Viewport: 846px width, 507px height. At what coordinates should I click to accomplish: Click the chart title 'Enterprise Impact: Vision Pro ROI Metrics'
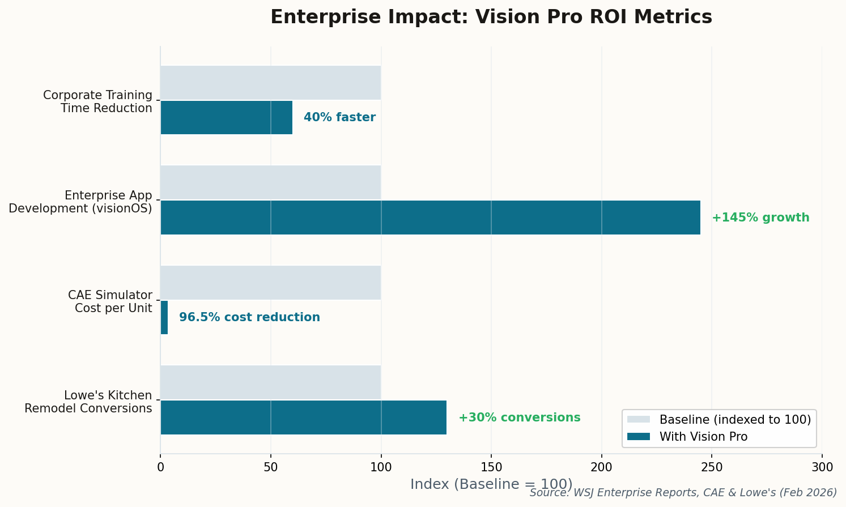(491, 17)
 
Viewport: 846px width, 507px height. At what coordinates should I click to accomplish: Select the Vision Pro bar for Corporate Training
(227, 118)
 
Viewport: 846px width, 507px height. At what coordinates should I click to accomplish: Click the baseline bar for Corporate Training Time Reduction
(270, 83)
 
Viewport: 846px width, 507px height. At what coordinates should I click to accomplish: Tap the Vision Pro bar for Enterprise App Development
(430, 218)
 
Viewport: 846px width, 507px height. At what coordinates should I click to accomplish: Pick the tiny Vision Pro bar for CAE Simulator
(164, 317)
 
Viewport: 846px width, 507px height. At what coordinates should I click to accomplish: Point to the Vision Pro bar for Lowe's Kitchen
(303, 417)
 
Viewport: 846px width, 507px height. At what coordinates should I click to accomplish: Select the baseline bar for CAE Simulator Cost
(270, 283)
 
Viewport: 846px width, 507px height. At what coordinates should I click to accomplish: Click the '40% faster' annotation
(339, 118)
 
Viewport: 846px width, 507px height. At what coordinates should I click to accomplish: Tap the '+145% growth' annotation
(760, 218)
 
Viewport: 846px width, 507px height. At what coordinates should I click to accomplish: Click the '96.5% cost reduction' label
(249, 317)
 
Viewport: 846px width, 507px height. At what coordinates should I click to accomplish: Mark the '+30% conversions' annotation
(519, 417)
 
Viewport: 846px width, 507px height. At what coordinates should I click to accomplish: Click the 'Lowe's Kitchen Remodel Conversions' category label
(88, 402)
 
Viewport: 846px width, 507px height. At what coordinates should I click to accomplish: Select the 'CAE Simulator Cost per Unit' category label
(110, 302)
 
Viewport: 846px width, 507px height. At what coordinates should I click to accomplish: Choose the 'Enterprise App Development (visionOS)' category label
(80, 202)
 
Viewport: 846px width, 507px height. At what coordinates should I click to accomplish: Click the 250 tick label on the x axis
(712, 467)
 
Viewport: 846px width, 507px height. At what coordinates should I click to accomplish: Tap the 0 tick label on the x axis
(160, 467)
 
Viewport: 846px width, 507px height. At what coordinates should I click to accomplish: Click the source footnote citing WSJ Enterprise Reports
(683, 493)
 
